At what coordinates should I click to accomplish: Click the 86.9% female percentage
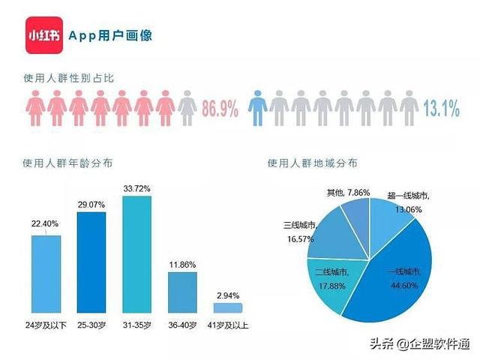220,109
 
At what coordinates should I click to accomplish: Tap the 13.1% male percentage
441,109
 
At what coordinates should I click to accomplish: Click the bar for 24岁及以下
46,274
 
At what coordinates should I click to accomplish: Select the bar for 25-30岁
91,262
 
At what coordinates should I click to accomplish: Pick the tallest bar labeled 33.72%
136,254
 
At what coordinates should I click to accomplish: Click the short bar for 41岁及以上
228,307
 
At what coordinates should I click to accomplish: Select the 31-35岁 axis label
136,325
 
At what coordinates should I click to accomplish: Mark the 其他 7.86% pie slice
355,211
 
